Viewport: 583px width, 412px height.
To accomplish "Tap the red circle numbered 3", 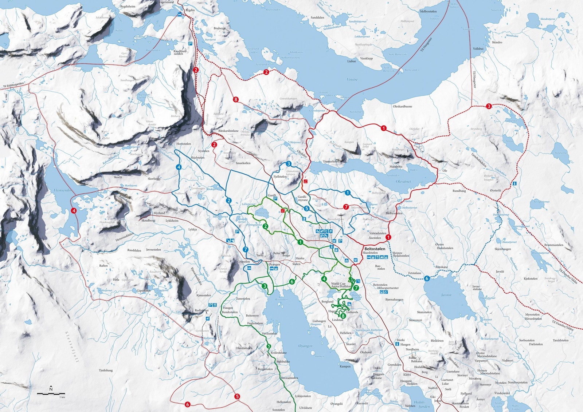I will pos(489,106).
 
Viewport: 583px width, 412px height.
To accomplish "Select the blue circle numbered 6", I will pos(427,278).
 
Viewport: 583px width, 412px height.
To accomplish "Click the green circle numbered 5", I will pos(269,346).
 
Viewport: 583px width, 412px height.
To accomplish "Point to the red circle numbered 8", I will pos(236,99).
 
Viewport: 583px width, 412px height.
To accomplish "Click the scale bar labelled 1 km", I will pos(51,394).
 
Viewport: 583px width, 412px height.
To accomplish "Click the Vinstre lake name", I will pos(352,79).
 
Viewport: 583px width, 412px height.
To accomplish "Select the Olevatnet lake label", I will pos(403,181).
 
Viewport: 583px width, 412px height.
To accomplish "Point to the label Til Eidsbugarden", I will pos(13,85).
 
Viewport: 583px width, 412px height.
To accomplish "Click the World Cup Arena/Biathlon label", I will pos(341,285).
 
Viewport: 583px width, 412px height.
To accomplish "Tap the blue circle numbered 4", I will pos(179,167).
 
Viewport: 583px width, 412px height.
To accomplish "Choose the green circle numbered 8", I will pos(343,316).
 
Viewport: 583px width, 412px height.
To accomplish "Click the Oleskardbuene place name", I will pos(402,107).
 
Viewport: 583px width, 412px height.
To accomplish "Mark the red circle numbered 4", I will pos(74,210).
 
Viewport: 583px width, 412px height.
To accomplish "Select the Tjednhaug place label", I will pos(106,370).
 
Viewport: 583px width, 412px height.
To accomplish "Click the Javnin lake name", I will pos(446,295).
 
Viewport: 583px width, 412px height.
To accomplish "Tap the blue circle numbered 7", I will pos(245,250).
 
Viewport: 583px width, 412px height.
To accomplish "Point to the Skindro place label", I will pos(497,42).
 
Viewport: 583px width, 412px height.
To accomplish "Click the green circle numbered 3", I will pos(264,286).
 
